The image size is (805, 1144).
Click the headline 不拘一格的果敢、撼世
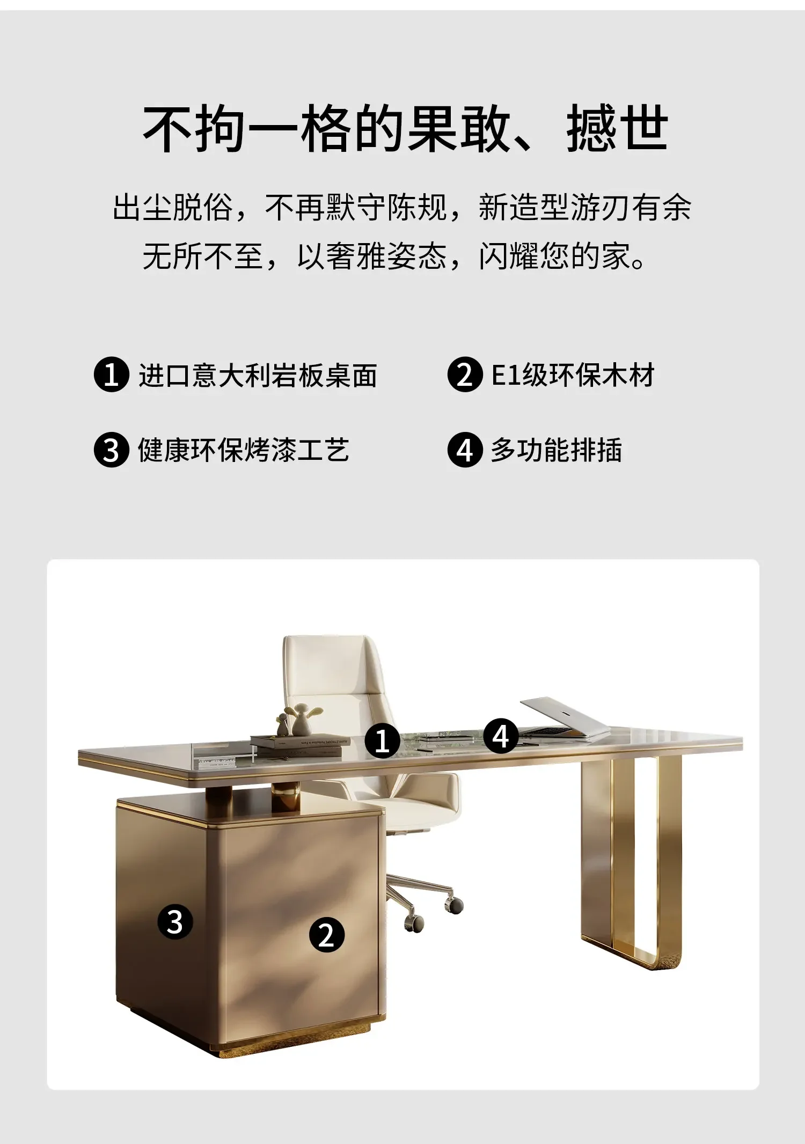(405, 129)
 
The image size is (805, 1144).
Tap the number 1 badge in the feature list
(111, 375)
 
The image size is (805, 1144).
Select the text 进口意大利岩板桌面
(258, 375)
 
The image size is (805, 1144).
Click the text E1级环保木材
(573, 375)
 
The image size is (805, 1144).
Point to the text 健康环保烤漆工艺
(244, 450)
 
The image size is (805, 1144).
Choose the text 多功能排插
(556, 450)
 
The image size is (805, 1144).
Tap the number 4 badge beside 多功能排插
(465, 450)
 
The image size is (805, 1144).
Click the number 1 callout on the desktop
(382, 742)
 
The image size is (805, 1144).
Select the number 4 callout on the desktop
(501, 736)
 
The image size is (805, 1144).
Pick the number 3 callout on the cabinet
(175, 922)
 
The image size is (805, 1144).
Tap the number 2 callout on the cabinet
(326, 935)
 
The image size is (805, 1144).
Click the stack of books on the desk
(298, 745)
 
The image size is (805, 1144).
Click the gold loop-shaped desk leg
(644, 859)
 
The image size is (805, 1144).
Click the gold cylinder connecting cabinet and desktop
(286, 797)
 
